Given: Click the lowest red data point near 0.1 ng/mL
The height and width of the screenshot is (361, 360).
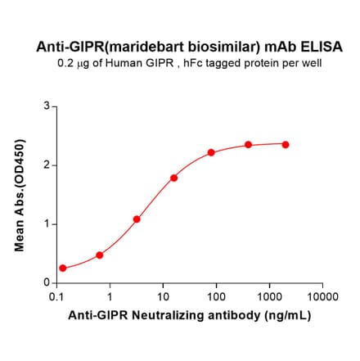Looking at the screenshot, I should point(63,268).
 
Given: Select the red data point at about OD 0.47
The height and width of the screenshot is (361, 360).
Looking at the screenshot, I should point(100,255).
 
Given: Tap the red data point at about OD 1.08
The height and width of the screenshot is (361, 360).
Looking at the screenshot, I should point(137,219).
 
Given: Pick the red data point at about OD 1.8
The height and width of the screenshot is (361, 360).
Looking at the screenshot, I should point(174,178).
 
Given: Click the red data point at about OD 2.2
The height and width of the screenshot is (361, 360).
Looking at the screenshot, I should point(211,152).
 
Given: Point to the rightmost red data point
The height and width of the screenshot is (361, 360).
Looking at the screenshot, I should point(286,144).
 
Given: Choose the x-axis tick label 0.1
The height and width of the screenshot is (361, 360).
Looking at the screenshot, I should point(57,296).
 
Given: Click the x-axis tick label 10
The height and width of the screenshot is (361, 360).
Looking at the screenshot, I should point(164,296).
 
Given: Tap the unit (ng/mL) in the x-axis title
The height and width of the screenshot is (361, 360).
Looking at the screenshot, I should point(282,314).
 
